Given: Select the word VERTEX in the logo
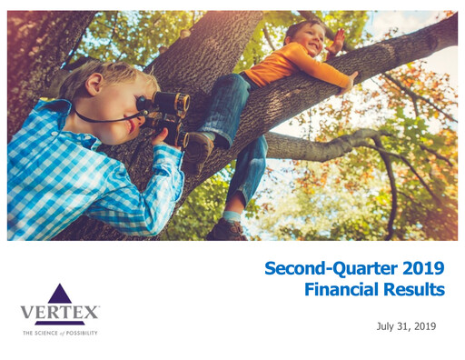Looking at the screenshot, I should pyautogui.click(x=60, y=314).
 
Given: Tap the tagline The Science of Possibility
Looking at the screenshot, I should pyautogui.click(x=60, y=334).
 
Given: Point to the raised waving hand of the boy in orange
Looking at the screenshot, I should pyautogui.click(x=338, y=41).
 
